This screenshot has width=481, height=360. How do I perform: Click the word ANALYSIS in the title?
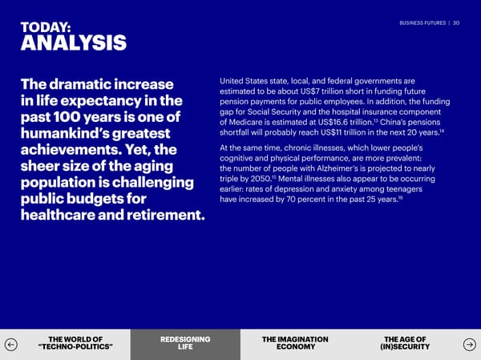click(74, 42)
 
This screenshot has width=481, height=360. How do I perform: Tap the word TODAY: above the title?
click(46, 27)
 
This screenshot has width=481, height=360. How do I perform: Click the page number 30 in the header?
click(456, 23)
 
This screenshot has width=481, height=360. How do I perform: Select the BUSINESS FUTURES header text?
click(422, 23)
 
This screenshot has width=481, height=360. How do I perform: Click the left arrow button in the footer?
click(11, 344)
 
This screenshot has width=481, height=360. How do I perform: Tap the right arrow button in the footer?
click(469, 344)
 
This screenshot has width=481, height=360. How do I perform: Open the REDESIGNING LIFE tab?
click(185, 343)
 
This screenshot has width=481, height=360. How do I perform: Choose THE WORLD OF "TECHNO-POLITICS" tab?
click(75, 343)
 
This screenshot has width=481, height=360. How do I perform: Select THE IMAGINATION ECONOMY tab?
click(295, 343)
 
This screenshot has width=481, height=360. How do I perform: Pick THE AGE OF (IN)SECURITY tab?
click(405, 343)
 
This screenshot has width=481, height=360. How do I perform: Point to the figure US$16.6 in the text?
click(333, 123)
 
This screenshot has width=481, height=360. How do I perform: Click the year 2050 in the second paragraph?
click(261, 179)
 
